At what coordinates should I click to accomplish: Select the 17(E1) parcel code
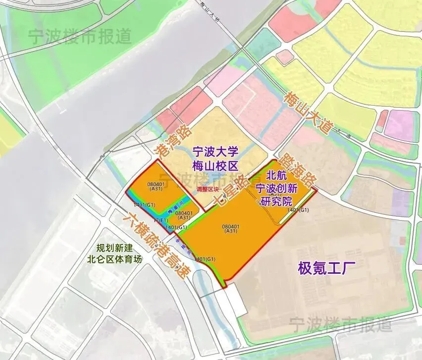click(x=160, y=220)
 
